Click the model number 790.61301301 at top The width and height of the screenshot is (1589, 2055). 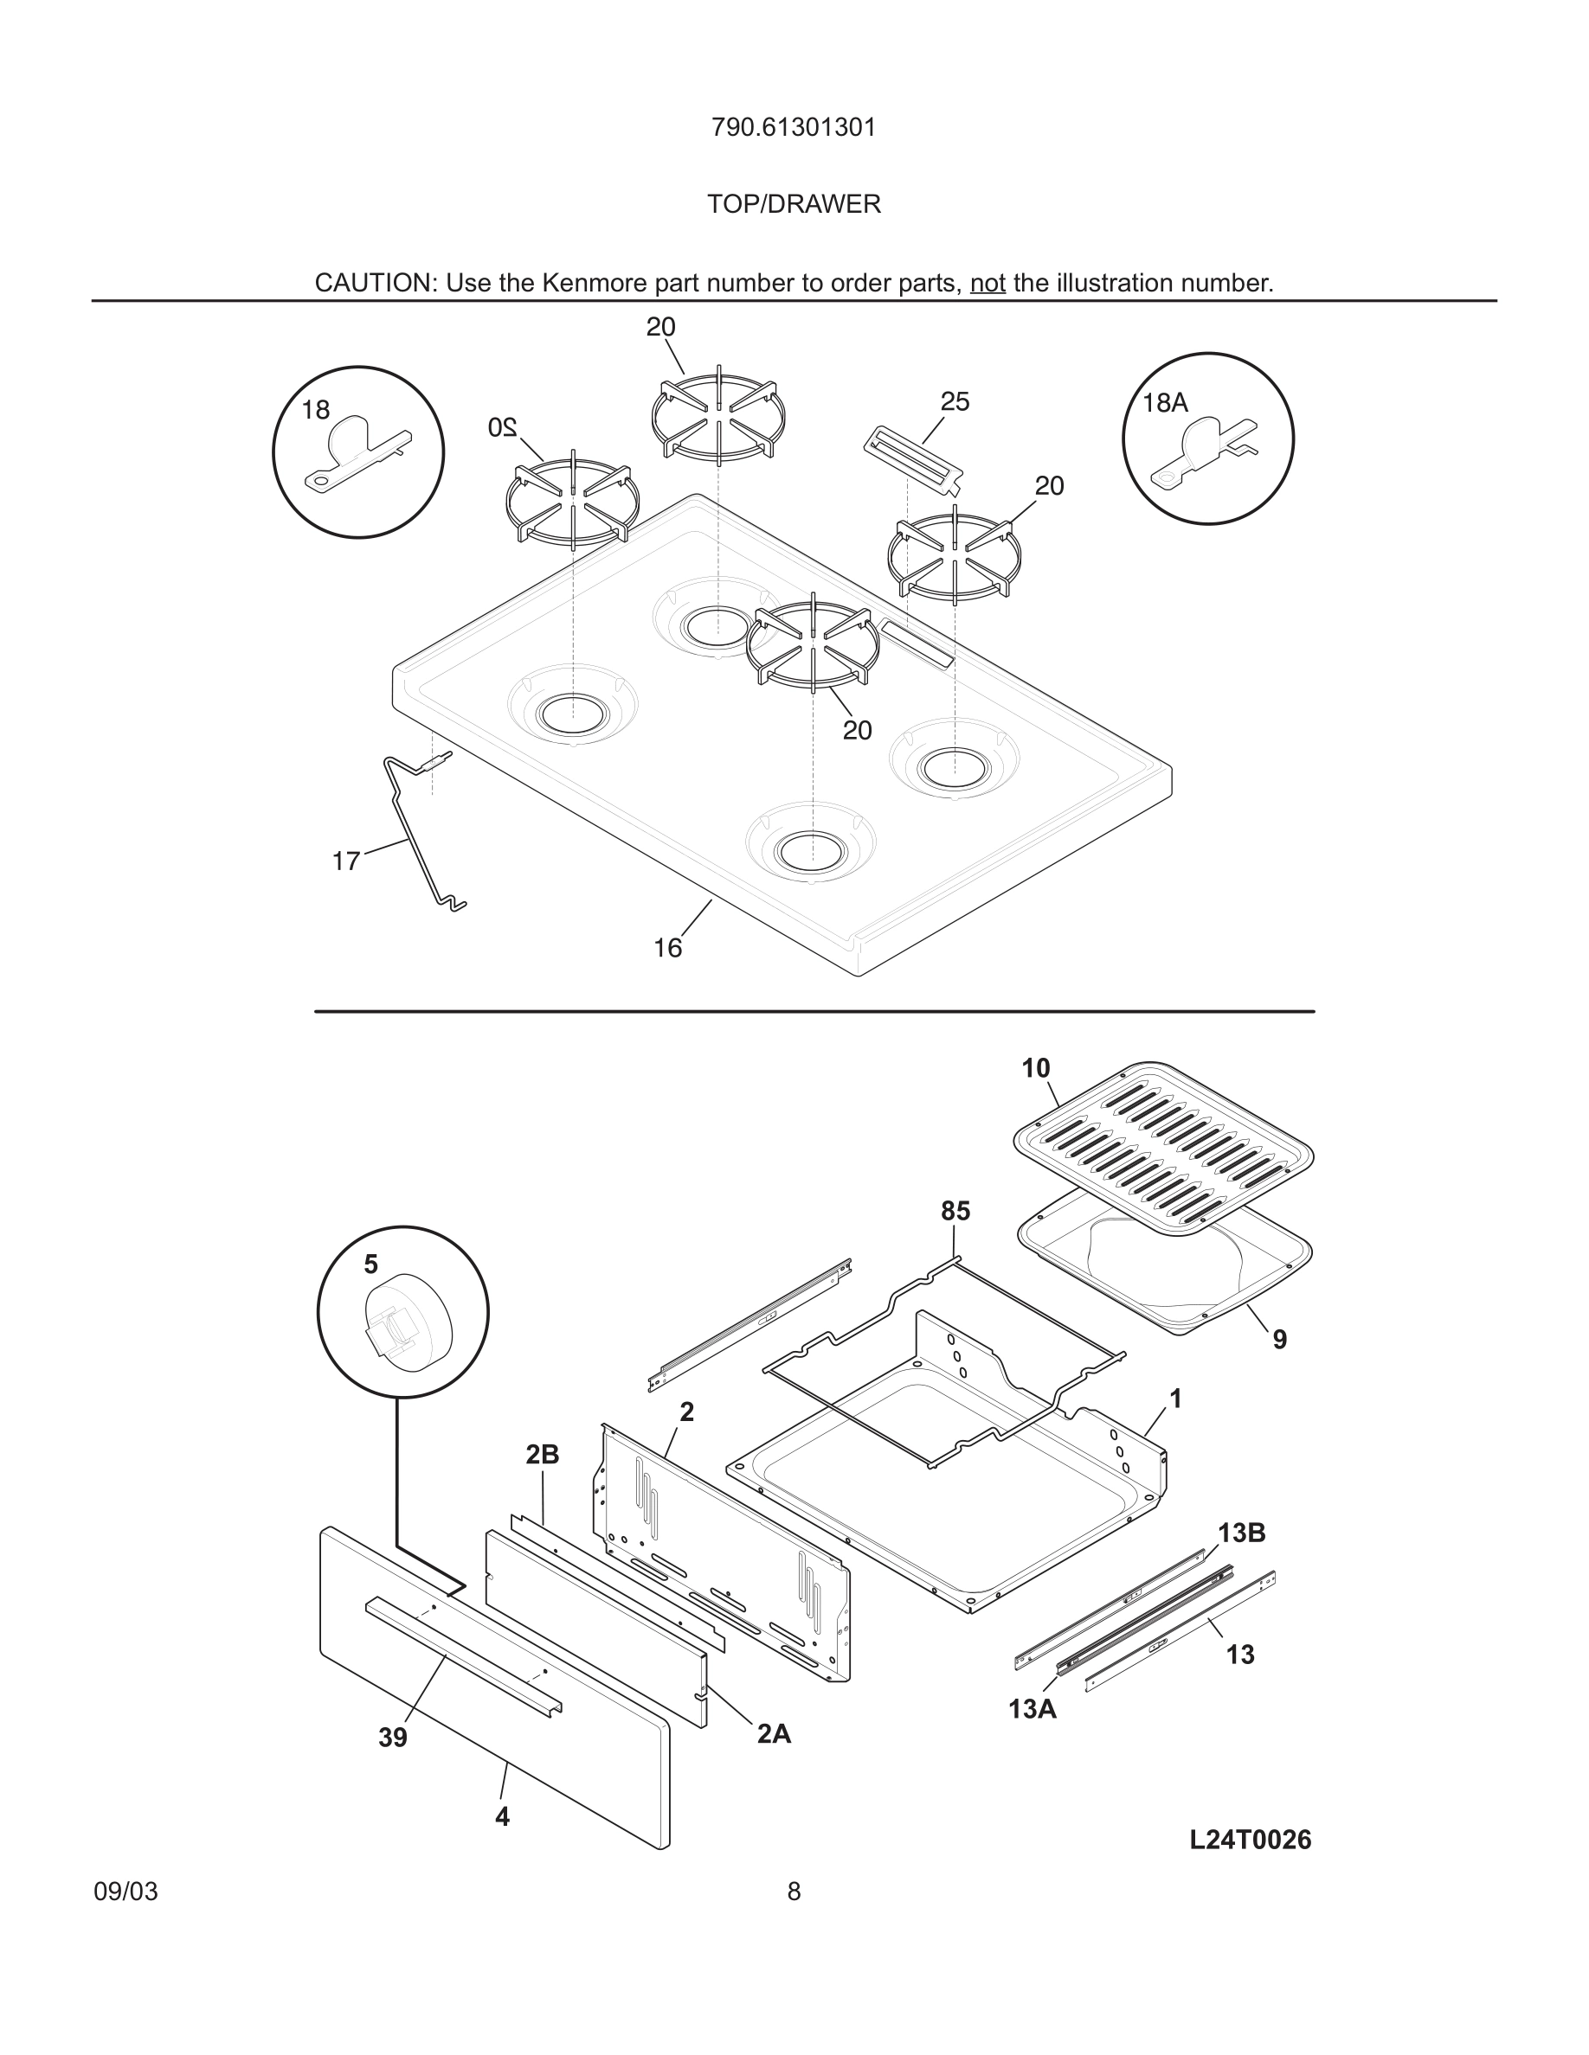pos(794,128)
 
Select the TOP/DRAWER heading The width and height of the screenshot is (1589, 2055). pos(794,204)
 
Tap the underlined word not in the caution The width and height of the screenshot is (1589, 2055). pos(987,283)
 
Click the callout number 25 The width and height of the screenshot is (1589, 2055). pos(955,402)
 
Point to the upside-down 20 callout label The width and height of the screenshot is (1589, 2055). pos(503,427)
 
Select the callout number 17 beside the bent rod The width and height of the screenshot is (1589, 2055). pos(345,861)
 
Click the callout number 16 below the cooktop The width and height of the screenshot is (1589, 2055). pos(667,949)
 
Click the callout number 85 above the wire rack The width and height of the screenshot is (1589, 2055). pos(955,1212)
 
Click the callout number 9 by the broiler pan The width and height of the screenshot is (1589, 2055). pos(1279,1340)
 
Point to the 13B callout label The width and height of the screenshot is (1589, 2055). pos(1241,1533)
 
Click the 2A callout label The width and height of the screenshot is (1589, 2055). pos(774,1734)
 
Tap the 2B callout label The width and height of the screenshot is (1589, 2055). pos(543,1456)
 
